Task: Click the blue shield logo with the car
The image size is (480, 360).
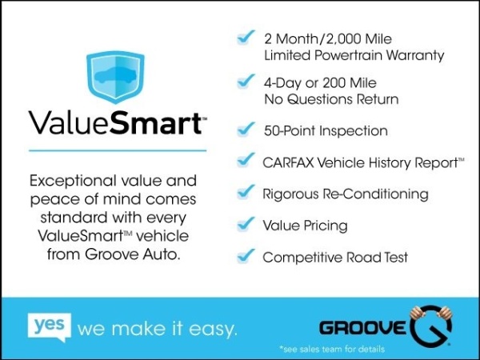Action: [115, 77]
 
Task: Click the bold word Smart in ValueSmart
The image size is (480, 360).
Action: [155, 122]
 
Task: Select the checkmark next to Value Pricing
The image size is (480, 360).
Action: [246, 224]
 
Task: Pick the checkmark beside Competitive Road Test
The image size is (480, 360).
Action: [246, 256]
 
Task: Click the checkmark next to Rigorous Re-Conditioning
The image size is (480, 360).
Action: [246, 192]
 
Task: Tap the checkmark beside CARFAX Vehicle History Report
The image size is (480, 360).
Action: [246, 160]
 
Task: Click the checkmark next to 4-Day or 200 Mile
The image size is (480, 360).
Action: [246, 81]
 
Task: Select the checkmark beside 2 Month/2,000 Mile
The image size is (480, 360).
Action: [246, 38]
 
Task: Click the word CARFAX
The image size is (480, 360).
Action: [288, 163]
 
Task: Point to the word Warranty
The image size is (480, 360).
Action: [414, 56]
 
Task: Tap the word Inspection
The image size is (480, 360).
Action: [354, 131]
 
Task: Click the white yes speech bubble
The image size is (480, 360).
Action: [50, 327]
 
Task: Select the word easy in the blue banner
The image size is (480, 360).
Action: [213, 330]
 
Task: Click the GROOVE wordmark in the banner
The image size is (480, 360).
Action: [362, 328]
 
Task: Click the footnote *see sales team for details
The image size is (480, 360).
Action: [332, 349]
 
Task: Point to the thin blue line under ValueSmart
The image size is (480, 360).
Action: [118, 150]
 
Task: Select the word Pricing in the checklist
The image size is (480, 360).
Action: [326, 226]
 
